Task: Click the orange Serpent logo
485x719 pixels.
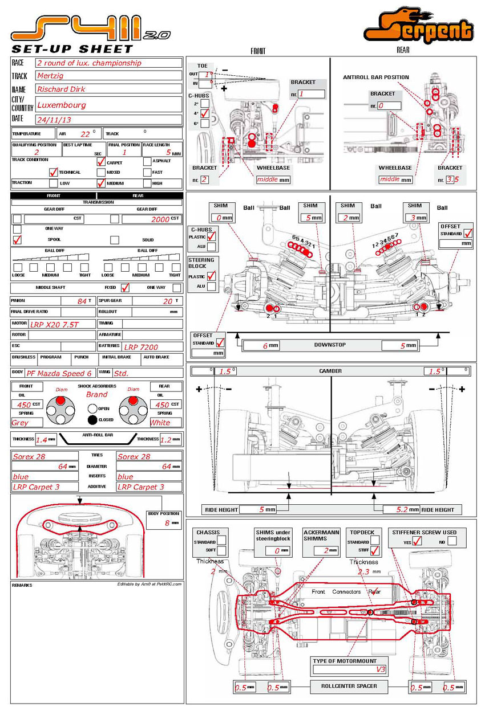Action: coord(419,27)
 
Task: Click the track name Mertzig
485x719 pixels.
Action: coord(50,75)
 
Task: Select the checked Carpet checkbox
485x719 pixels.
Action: coord(101,161)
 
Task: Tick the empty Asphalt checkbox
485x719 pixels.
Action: coord(147,161)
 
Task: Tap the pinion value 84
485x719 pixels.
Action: coord(82,301)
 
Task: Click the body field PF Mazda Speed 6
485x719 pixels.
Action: coord(59,374)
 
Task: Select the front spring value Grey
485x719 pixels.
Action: coord(20,423)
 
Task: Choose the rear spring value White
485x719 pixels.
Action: coord(160,423)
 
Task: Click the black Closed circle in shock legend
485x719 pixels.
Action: coord(92,420)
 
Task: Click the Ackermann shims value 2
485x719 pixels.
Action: coord(326,550)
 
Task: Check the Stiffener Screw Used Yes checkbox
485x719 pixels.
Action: coord(417,541)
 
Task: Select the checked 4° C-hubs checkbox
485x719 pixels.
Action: coord(204,113)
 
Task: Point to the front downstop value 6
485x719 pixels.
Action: coord(265,346)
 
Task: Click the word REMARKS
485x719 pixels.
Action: coord(22,585)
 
